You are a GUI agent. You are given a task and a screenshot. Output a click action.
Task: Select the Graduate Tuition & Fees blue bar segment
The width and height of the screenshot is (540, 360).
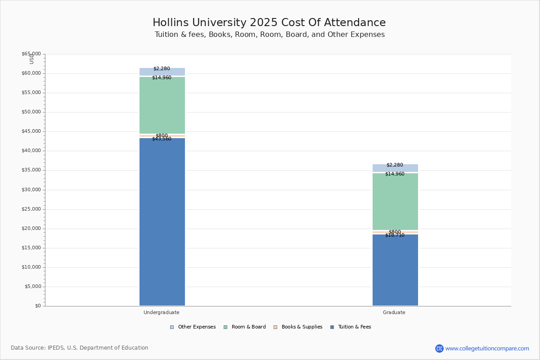(395, 270)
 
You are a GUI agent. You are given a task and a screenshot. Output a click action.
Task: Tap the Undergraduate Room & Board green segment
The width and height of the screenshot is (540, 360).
(162, 105)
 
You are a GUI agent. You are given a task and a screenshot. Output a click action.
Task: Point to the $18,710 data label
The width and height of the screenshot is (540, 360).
(395, 235)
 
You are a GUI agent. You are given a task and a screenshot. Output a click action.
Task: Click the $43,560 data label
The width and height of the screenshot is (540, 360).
(162, 139)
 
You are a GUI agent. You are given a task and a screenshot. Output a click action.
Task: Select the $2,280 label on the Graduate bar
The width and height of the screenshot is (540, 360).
(395, 165)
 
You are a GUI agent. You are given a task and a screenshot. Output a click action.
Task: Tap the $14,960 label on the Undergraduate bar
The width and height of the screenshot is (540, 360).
(162, 78)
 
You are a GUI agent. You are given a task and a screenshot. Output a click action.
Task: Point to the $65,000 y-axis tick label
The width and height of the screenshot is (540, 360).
(31, 54)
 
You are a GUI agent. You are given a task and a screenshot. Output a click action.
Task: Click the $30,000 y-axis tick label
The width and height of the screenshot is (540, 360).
(31, 190)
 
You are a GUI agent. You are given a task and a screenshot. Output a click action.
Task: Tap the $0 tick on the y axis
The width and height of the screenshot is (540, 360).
(37, 306)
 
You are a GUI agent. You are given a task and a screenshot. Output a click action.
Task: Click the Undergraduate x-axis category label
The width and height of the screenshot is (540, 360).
(162, 312)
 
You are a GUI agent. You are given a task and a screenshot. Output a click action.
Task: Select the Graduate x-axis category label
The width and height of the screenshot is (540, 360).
(394, 312)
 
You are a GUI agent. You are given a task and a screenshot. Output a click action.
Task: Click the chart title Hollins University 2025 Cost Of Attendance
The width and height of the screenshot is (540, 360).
(269, 23)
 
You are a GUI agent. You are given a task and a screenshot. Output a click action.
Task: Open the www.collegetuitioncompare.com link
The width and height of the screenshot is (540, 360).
(487, 348)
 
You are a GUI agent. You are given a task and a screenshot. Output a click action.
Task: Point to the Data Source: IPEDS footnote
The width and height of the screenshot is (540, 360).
(80, 348)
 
